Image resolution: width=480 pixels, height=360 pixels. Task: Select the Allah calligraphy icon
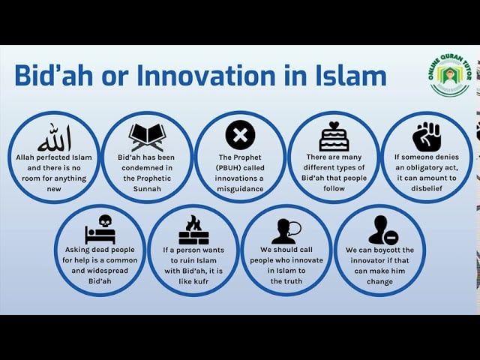[x=53, y=137]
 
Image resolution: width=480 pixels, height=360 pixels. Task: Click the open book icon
[x=147, y=136]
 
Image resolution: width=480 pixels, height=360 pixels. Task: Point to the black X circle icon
[x=240, y=135]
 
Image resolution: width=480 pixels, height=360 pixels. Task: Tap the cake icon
[x=334, y=136]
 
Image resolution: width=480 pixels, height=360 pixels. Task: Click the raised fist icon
[x=427, y=136]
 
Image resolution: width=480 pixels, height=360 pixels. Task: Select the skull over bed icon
[x=100, y=229]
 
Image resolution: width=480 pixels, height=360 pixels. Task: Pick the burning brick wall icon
[x=193, y=229]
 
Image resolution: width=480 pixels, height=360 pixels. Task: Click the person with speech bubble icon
[x=286, y=230]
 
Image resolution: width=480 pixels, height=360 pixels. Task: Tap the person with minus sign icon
[x=382, y=230]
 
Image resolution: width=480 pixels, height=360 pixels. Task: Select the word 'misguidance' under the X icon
[x=240, y=189]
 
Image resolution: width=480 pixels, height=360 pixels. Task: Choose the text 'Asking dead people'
[x=100, y=250]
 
